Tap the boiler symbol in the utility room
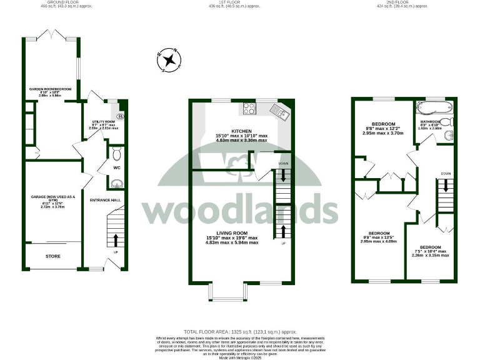pyautogui.click(x=121, y=116)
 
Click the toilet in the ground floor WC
pyautogui.click(x=117, y=152)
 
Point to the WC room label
pyautogui.click(x=117, y=168)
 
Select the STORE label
pyautogui.click(x=53, y=256)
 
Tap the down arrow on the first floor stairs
pyautogui.click(x=284, y=175)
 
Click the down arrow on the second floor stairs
pyautogui.click(x=445, y=186)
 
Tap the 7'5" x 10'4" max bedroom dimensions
pyautogui.click(x=431, y=251)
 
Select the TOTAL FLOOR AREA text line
pyautogui.click(x=239, y=332)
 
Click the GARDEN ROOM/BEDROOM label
pyautogui.click(x=49, y=89)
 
